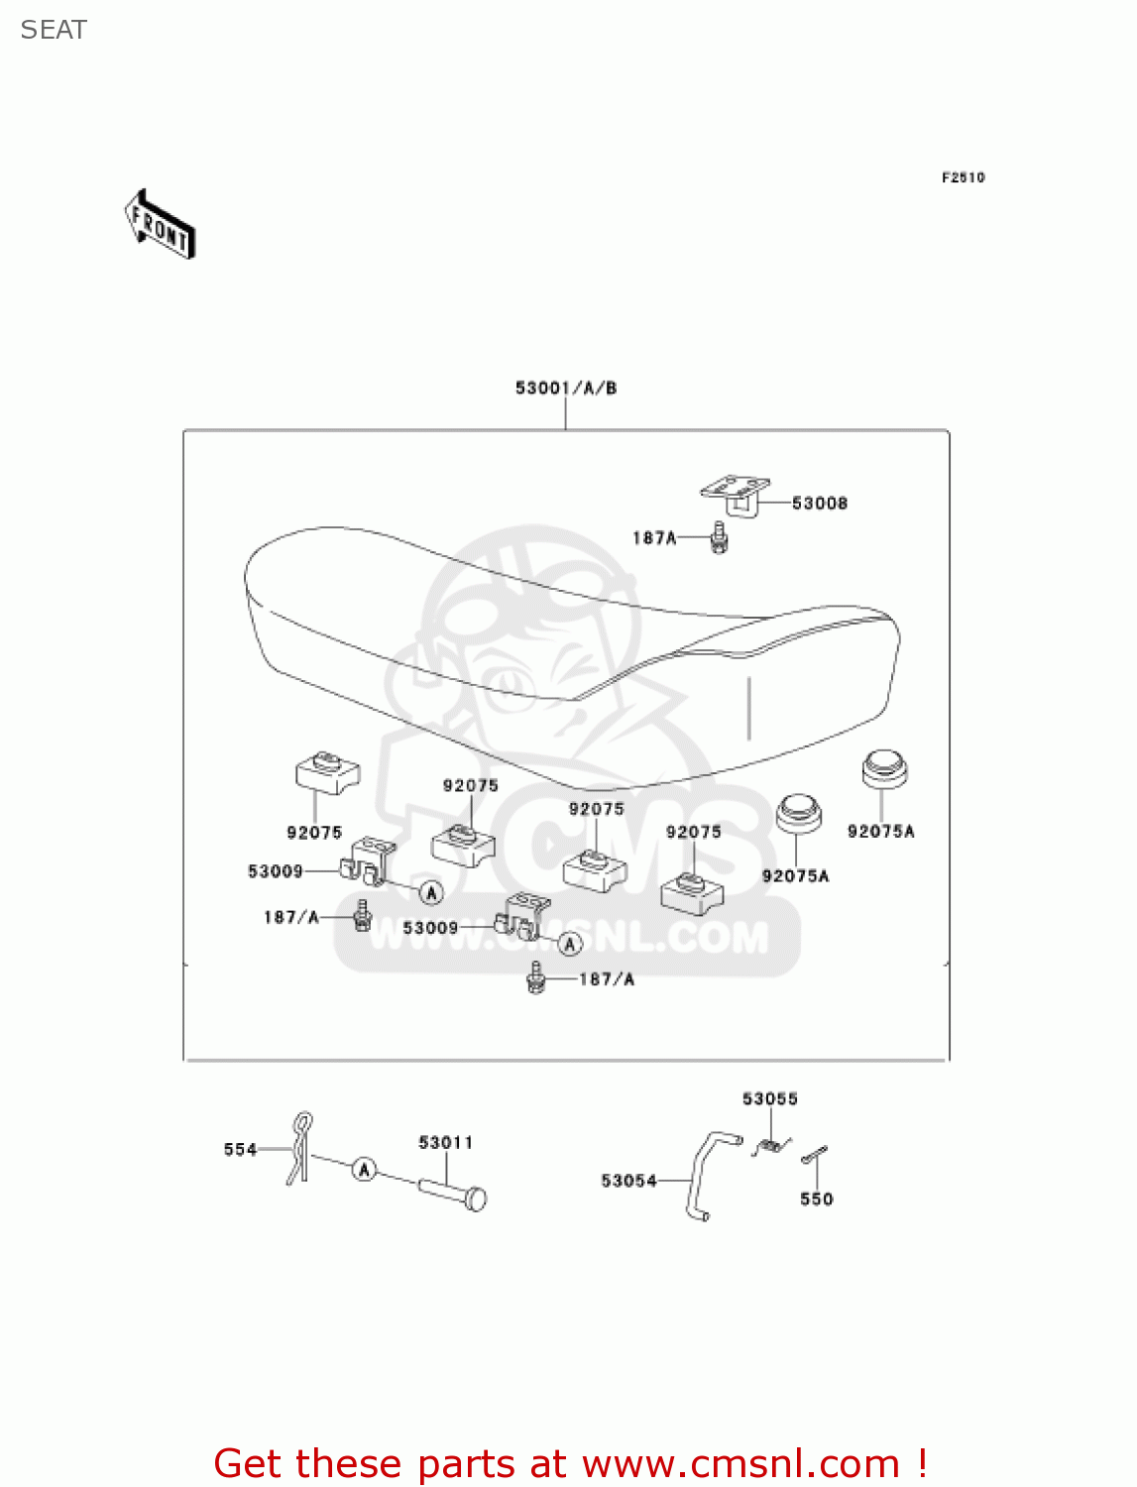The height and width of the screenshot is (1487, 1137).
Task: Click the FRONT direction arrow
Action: (x=160, y=225)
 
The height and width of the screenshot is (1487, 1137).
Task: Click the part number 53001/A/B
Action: (x=566, y=388)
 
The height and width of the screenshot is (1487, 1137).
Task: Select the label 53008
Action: (x=820, y=504)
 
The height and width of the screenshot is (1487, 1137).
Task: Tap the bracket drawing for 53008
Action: (x=736, y=493)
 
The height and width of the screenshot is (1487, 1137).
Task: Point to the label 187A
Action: (x=654, y=538)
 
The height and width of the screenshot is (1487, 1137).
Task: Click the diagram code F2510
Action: (x=963, y=177)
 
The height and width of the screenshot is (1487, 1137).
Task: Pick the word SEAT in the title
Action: (x=54, y=31)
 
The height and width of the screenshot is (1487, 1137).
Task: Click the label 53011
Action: (x=446, y=1143)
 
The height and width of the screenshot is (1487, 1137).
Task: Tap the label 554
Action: (x=240, y=1150)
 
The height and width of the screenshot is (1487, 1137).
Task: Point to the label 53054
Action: (x=628, y=1181)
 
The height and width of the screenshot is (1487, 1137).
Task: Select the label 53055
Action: (x=770, y=1098)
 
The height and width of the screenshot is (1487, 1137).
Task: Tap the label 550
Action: (x=817, y=1200)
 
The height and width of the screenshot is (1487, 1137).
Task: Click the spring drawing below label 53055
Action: (x=770, y=1147)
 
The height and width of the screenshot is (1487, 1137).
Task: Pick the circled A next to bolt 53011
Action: (x=365, y=1170)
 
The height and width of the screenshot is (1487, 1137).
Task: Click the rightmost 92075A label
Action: (x=881, y=832)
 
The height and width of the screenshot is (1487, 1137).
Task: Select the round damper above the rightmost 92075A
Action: (x=884, y=768)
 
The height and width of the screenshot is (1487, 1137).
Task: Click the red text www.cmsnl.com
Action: (x=740, y=1464)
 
